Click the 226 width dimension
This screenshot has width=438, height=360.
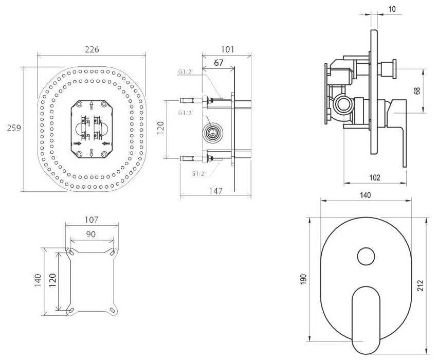click(92, 49)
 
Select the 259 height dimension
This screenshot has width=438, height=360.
click(14, 128)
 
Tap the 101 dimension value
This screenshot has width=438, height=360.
click(227, 49)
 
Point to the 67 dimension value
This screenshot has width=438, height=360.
click(219, 63)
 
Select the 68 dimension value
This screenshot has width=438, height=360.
click(417, 91)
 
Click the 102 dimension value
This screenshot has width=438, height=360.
click(375, 177)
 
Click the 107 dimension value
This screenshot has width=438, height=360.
click(91, 220)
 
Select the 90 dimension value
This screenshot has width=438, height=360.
click(92, 235)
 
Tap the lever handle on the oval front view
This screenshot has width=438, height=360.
click(366, 314)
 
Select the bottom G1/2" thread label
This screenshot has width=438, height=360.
click(199, 174)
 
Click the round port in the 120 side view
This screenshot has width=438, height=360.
click(212, 133)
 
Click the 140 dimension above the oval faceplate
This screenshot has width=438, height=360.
click(366, 195)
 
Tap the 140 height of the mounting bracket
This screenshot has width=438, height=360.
click(37, 280)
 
